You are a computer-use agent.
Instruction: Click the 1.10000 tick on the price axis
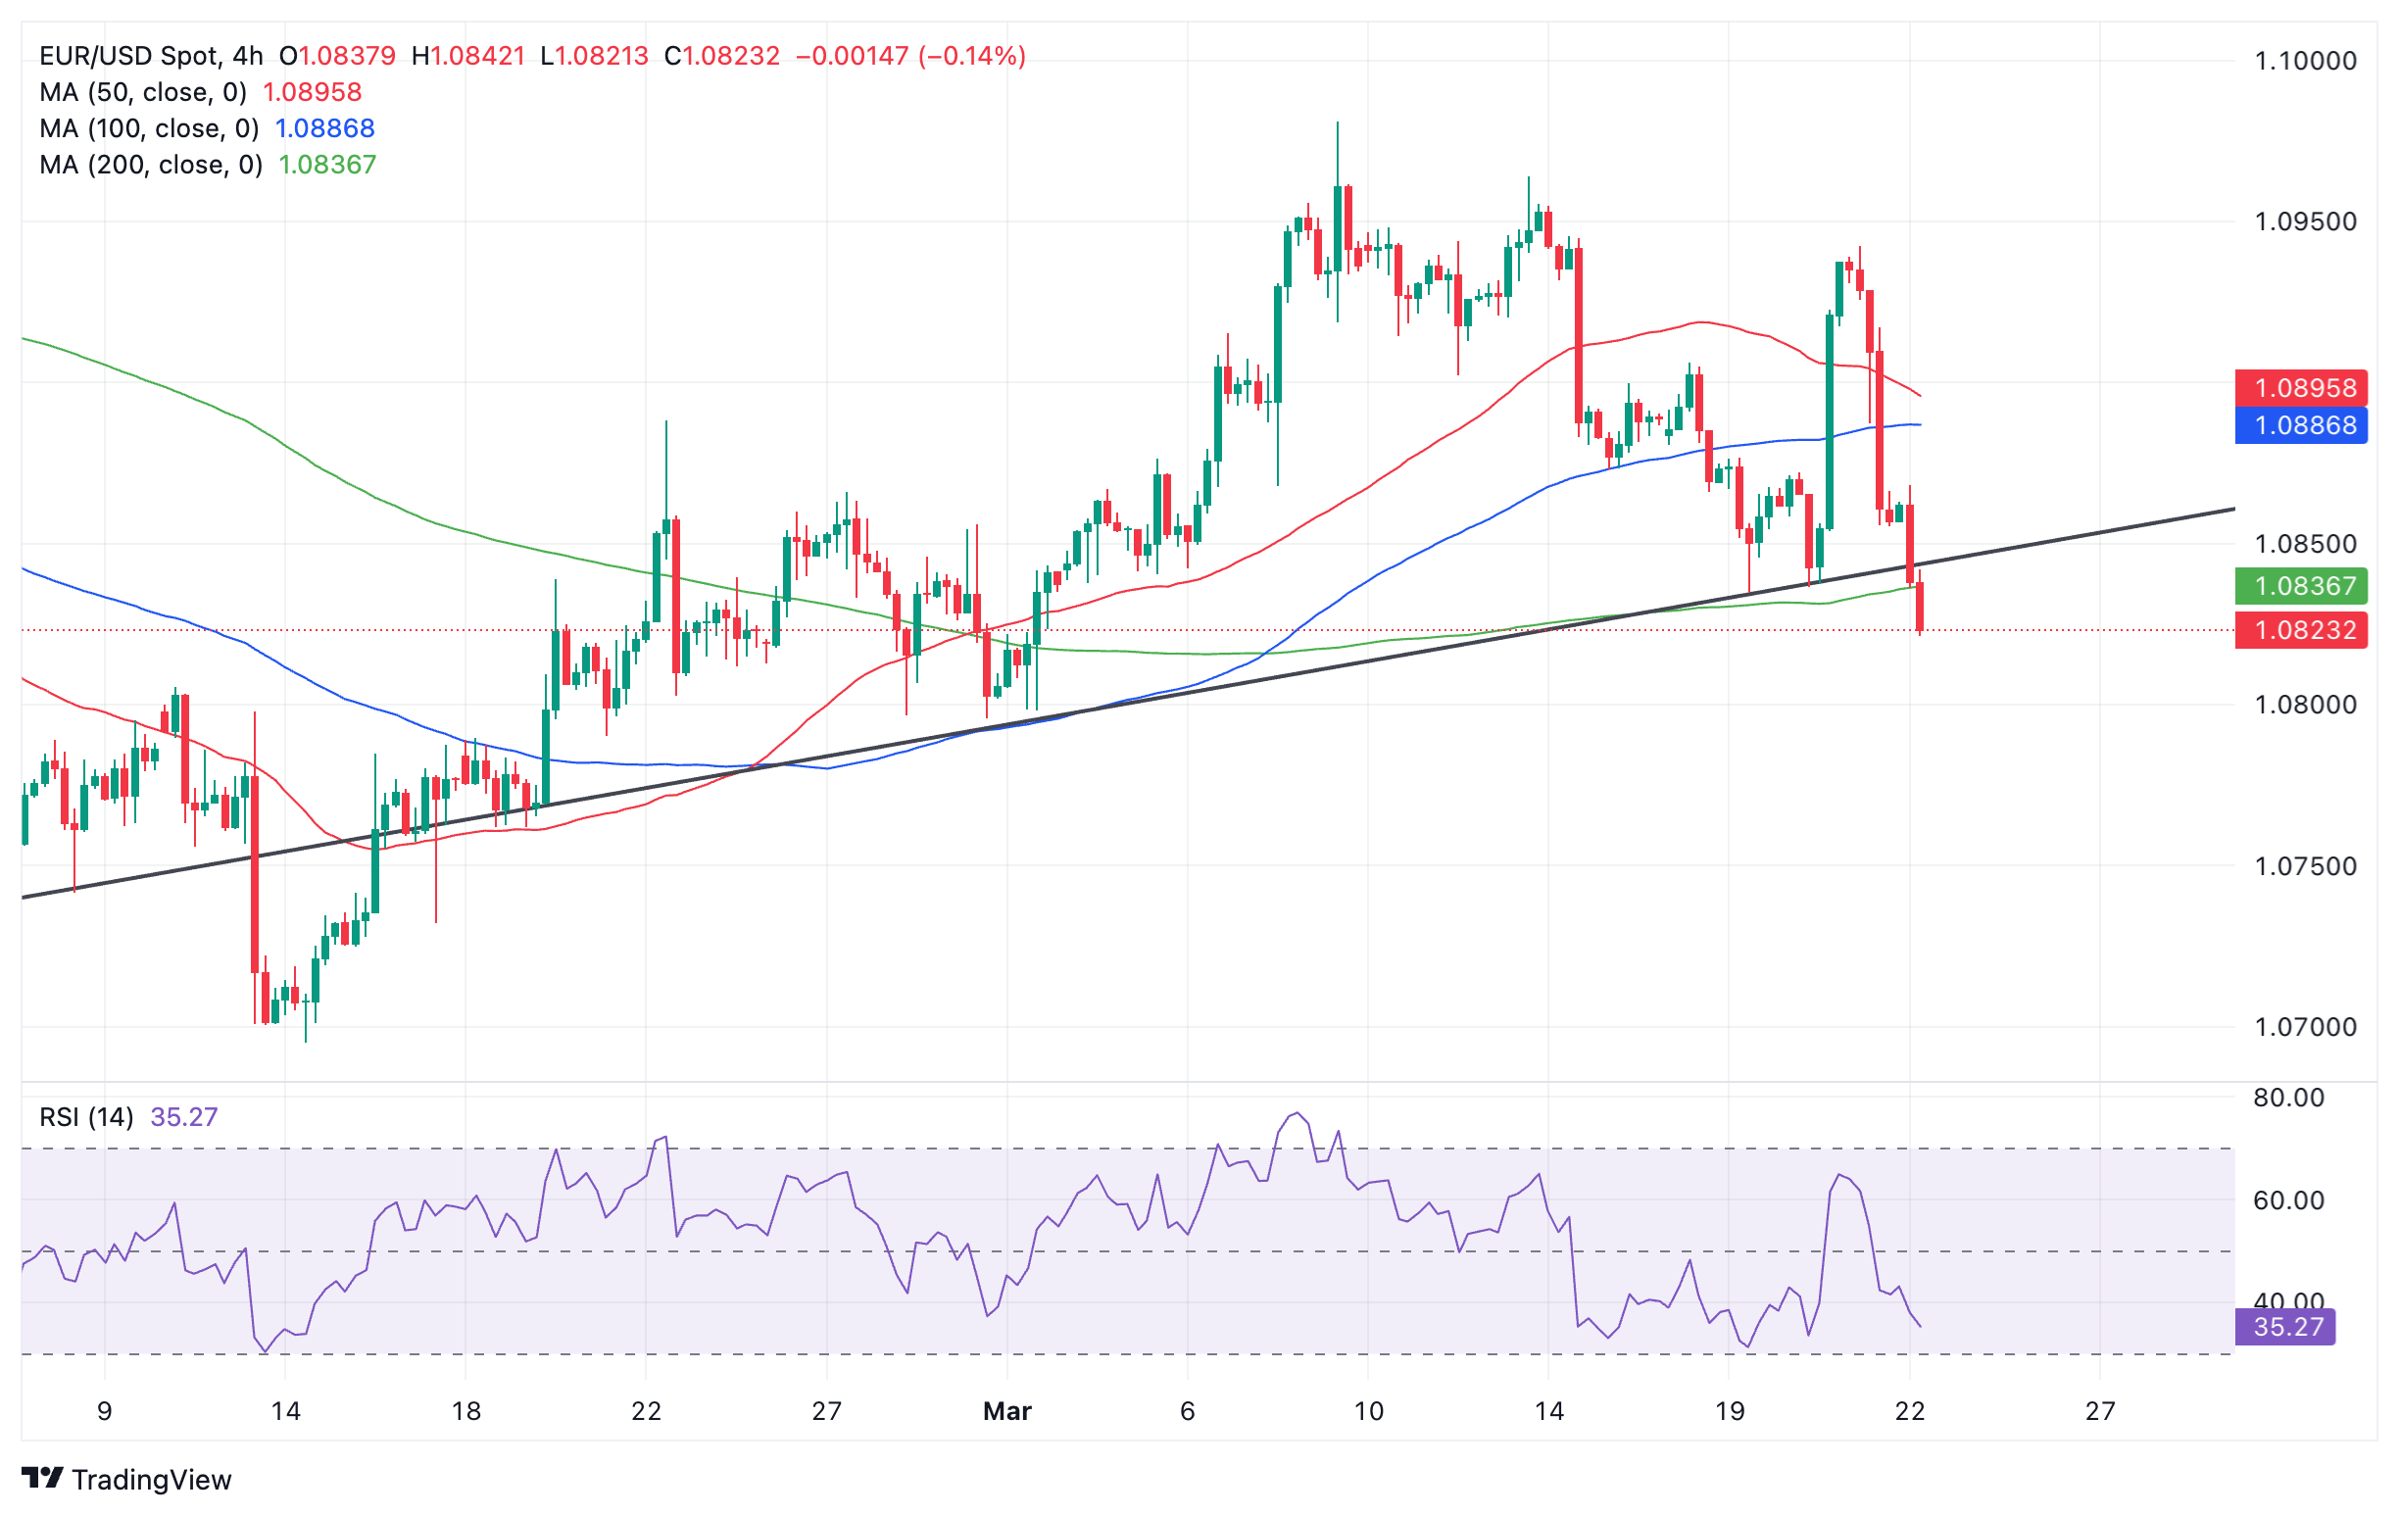pos(2305,61)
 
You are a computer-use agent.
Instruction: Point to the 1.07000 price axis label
pos(2305,1027)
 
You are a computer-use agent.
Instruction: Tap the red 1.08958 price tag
pos(2300,387)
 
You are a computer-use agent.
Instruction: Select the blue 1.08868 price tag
pos(2300,425)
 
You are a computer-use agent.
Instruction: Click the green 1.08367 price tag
pos(2300,586)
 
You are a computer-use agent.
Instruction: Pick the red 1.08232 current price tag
pos(2300,630)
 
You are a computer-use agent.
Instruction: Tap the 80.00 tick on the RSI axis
pos(2288,1098)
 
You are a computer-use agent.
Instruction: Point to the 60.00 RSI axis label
pos(2288,1200)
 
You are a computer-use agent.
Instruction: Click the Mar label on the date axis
pos(1007,1411)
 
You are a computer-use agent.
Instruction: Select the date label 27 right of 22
pos(2100,1411)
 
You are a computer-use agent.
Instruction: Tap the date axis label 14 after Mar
pos(1548,1411)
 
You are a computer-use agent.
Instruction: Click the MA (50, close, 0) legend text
pos(143,93)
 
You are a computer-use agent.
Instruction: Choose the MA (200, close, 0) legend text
pos(152,165)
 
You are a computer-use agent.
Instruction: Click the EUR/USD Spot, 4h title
pos(152,56)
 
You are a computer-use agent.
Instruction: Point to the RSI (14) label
pos(86,1117)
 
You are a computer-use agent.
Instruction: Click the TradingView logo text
pos(152,1480)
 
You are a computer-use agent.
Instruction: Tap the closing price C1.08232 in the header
pos(722,56)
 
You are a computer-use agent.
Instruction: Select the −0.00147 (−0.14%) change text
pos(910,56)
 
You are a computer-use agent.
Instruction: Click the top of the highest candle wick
pos(1337,123)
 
